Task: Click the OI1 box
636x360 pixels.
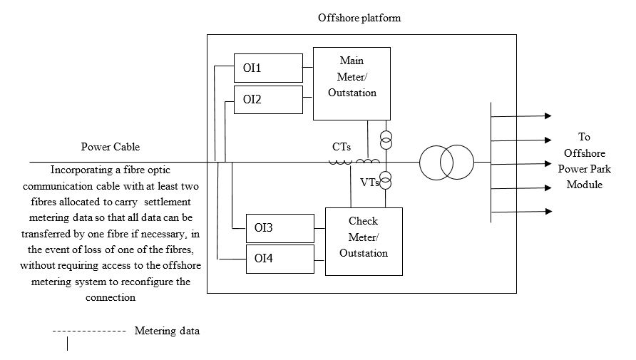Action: [x=267, y=68]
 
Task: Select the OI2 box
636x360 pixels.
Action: [x=267, y=99]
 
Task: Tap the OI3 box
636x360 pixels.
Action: [x=279, y=227]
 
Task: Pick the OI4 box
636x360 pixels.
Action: [x=279, y=259]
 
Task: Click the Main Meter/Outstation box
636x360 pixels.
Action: [x=352, y=83]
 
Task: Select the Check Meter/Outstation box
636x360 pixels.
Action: [x=364, y=241]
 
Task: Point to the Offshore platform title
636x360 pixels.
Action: [x=359, y=18]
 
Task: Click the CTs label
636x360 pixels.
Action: [x=341, y=147]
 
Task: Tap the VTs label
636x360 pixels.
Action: [x=369, y=182]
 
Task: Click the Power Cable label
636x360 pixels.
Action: [x=110, y=147]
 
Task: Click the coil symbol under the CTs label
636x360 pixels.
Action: [x=341, y=162]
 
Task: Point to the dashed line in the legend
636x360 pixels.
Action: [x=89, y=331]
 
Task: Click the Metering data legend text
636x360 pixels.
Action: [x=167, y=331]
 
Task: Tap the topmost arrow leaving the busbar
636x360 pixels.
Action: [x=520, y=115]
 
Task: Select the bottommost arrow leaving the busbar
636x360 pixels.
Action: [x=520, y=211]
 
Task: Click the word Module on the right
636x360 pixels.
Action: [x=584, y=184]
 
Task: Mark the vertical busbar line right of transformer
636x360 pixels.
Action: [x=491, y=163]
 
